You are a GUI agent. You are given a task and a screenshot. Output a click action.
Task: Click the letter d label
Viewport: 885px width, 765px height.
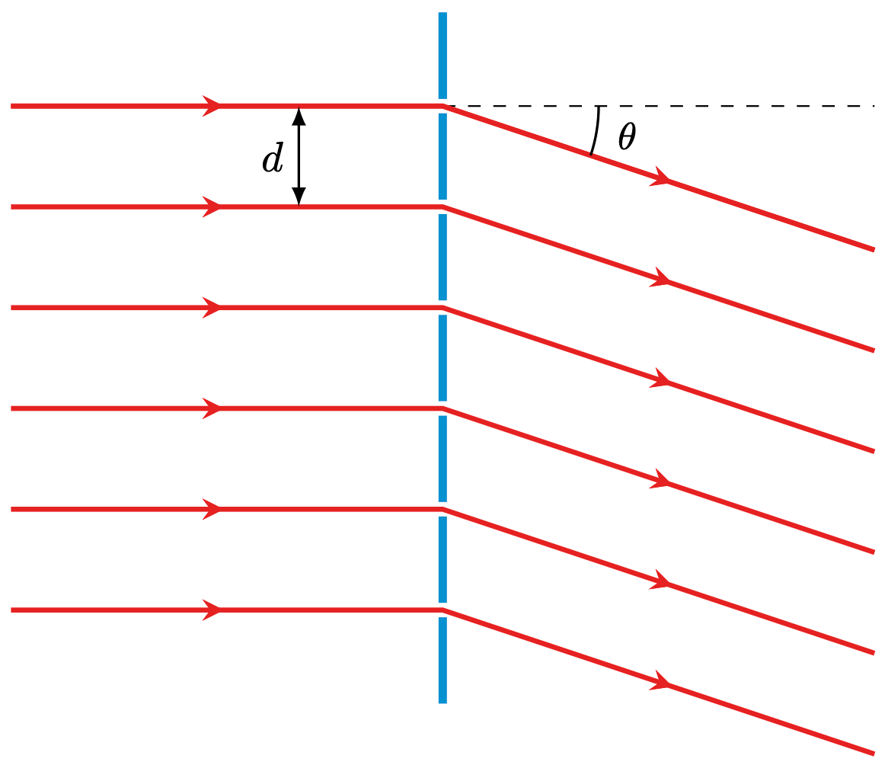(x=272, y=159)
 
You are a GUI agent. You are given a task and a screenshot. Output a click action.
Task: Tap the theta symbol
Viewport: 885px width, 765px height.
(x=627, y=136)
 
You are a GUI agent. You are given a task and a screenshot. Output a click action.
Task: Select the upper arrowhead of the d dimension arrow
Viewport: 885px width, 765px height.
(x=299, y=116)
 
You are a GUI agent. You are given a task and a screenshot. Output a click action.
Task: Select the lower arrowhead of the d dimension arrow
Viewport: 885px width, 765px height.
(x=299, y=197)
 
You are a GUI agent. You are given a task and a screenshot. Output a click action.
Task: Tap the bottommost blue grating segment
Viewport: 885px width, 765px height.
(x=442, y=660)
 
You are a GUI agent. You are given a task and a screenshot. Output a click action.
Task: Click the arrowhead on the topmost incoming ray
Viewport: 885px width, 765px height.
(x=212, y=106)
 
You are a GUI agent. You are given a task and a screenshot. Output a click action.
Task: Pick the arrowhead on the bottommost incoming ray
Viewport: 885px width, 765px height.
(x=212, y=610)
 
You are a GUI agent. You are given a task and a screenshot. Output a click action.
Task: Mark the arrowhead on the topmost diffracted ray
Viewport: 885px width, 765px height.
(x=661, y=179)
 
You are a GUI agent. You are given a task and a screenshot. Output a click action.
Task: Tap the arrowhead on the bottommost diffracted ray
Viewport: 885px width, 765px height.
(x=661, y=683)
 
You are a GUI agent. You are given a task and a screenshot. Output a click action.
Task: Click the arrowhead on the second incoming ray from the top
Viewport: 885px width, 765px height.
(x=212, y=206)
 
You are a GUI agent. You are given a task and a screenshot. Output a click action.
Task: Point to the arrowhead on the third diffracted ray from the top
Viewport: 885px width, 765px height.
(x=661, y=380)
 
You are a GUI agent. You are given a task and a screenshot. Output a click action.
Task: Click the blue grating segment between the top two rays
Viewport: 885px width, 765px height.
(x=442, y=156)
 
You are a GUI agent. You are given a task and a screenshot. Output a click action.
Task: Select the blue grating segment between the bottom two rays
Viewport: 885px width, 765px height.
(x=442, y=559)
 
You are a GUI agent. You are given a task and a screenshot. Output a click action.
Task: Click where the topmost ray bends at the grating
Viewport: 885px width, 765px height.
(x=442, y=106)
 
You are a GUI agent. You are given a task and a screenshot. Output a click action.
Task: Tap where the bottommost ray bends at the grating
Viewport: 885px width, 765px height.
(x=442, y=610)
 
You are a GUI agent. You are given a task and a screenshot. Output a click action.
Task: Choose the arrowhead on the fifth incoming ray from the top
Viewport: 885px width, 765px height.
(x=212, y=509)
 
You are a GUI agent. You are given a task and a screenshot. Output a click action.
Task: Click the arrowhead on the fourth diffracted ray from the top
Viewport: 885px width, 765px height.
(x=661, y=481)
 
